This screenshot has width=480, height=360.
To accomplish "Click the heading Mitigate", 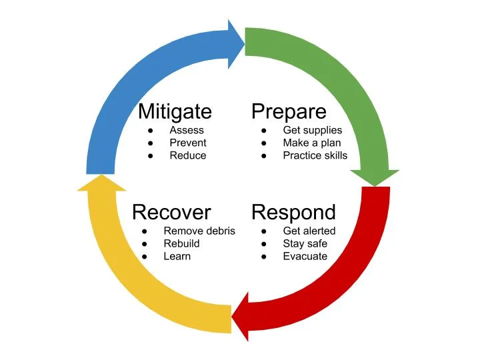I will click(174, 111).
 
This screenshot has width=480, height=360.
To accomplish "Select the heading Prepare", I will click(289, 111).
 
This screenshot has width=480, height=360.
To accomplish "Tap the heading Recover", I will click(171, 212).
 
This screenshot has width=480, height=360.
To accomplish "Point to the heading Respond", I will click(293, 212).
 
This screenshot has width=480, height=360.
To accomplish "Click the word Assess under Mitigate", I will click(187, 130).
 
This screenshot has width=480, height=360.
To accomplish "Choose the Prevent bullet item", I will click(188, 143).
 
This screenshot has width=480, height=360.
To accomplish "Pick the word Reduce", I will click(188, 155).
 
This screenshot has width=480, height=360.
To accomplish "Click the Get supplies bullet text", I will click(312, 130).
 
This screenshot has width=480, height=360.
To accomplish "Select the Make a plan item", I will click(311, 143).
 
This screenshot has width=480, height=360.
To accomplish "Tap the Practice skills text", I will click(315, 155).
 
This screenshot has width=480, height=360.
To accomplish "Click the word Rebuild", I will click(181, 243).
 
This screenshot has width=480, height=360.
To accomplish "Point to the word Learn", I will click(177, 256).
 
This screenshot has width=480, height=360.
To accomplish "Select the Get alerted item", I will click(309, 231).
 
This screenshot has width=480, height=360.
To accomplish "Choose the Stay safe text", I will click(305, 243).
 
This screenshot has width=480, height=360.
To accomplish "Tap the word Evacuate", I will click(305, 256).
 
